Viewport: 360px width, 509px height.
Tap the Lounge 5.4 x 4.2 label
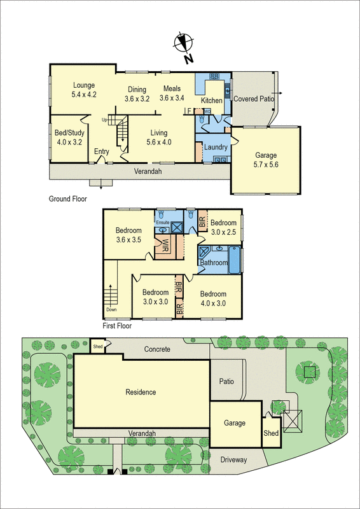[x=83, y=90]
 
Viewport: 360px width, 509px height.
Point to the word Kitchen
[x=212, y=101]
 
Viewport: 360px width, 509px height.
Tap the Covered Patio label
[x=253, y=99]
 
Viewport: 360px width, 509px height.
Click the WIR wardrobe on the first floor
[x=164, y=246]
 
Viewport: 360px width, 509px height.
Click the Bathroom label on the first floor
[x=214, y=262]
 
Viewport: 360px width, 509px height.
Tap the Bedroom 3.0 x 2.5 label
[x=223, y=227]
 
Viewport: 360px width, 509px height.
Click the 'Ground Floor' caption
[x=68, y=199]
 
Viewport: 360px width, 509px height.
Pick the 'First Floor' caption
[x=117, y=326]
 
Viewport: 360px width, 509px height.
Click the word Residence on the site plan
[x=141, y=392]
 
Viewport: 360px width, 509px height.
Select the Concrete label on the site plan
[x=157, y=349]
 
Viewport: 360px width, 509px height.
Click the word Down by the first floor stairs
[x=112, y=310]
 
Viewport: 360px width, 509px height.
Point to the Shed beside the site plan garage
[x=271, y=433]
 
